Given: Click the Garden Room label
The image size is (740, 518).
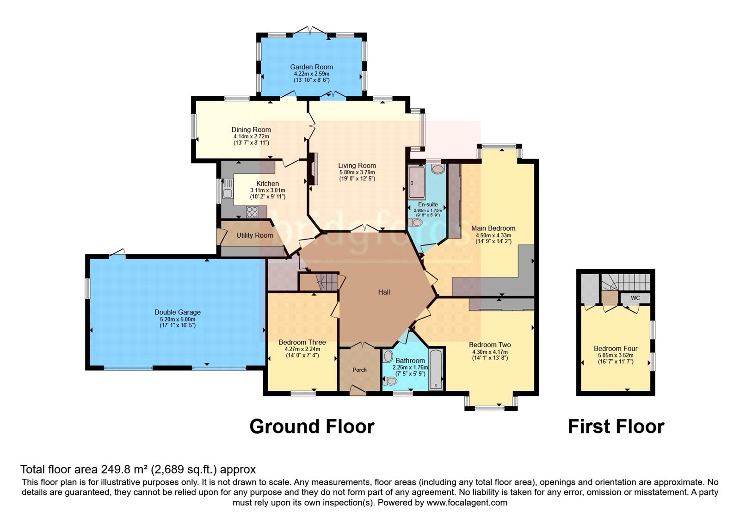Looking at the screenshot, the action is point(311,67).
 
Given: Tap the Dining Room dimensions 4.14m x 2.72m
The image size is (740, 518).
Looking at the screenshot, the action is point(251,136).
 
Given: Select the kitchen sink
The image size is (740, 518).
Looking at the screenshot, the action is point(228,188).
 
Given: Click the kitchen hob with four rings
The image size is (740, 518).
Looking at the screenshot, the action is point(252,212).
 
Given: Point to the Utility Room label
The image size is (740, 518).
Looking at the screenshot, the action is point(254,235).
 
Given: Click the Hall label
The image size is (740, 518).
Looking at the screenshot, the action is point(384,292).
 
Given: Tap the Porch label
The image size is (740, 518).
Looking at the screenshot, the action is point(359,370).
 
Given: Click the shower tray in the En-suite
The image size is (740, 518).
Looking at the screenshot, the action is point(417,182).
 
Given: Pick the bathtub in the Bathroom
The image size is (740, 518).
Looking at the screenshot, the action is point(436,368).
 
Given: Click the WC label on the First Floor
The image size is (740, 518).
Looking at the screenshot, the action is point(635,298).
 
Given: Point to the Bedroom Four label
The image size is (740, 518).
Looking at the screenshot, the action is point(616,349).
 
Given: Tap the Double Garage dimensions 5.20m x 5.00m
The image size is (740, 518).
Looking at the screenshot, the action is point(178,320).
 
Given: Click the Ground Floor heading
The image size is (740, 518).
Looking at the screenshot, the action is point(312,426).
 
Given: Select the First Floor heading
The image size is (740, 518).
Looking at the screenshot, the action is point(616,426).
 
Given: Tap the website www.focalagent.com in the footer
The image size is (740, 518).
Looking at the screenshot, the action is point(467,503).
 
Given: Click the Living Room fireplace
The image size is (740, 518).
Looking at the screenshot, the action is point(313,169).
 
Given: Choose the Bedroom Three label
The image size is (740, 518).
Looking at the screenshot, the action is point(302,342).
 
